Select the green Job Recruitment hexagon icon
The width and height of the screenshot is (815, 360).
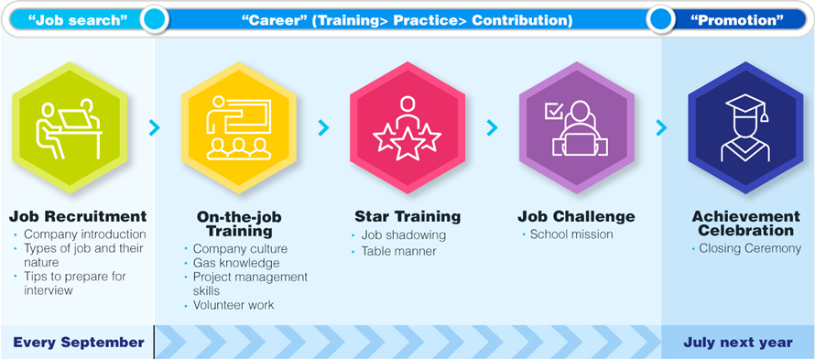pyautogui.click(x=69, y=127)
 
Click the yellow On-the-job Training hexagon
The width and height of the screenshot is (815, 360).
pyautogui.click(x=239, y=127)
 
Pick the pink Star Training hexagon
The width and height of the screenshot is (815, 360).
pyautogui.click(x=407, y=127)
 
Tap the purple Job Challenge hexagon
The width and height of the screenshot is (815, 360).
pyautogui.click(x=576, y=127)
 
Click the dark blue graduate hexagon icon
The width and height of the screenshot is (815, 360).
pyautogui.click(x=745, y=127)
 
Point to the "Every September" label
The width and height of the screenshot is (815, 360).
pyautogui.click(x=79, y=343)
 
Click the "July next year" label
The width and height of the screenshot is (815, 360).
pyautogui.click(x=738, y=343)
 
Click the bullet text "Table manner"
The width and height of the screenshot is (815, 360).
pyautogui.click(x=398, y=252)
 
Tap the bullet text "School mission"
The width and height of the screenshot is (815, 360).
pyautogui.click(x=571, y=235)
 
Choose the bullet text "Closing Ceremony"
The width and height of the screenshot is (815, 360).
pyautogui.click(x=750, y=248)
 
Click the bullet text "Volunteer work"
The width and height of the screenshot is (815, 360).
pyautogui.click(x=234, y=305)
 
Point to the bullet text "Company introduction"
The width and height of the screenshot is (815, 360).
pyautogui.click(x=85, y=235)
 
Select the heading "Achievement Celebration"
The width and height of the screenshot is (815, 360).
pyautogui.click(x=746, y=224)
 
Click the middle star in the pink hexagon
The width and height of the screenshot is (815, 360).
pyautogui.click(x=407, y=143)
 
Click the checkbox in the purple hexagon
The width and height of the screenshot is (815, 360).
pyautogui.click(x=552, y=111)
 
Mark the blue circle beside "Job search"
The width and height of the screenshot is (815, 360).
pyautogui.click(x=154, y=20)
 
